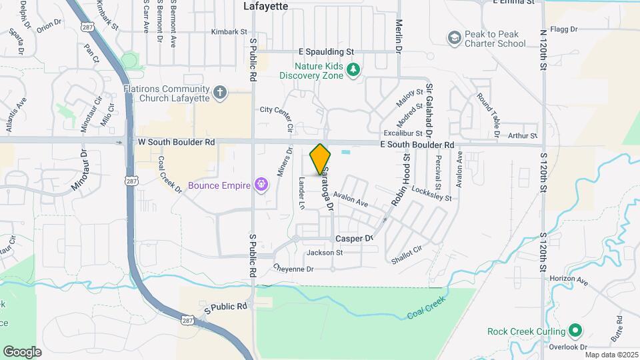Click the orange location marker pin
tap(320, 159)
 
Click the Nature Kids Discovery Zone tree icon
tap(354, 69)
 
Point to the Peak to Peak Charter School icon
tap(455, 37)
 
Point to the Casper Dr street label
tap(353, 238)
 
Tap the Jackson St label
tap(324, 253)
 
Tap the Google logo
tap(22, 351)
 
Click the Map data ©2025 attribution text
tap(609, 355)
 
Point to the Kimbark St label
tap(229, 31)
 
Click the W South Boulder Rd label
tap(176, 142)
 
